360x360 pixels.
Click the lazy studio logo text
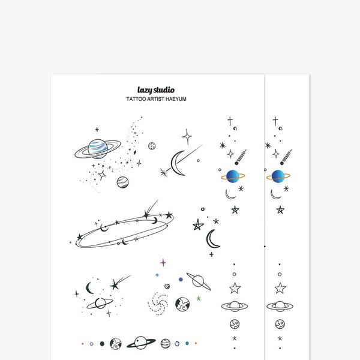click(x=156, y=90)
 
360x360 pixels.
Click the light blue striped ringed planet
click(x=98, y=149)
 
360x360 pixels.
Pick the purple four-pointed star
click(x=163, y=262)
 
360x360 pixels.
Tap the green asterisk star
click(x=199, y=298)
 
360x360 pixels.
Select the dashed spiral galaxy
click(x=158, y=304)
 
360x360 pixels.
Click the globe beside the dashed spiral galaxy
click(x=182, y=304)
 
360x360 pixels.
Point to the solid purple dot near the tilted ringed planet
click(x=181, y=280)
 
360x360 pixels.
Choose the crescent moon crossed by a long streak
click(x=177, y=163)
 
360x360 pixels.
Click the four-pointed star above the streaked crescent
click(x=187, y=137)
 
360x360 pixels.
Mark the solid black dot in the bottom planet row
click(x=102, y=344)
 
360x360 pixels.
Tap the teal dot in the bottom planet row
click(x=187, y=343)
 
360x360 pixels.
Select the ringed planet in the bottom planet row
click(x=141, y=343)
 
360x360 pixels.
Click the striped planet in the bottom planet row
click(x=166, y=343)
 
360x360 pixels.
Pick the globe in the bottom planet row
click(x=115, y=344)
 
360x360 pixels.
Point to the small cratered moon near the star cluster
click(x=152, y=146)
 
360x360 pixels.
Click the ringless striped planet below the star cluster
click(x=122, y=182)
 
